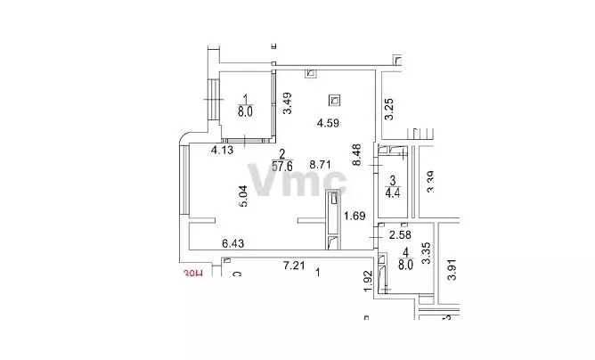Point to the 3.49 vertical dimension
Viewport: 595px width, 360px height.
[x=287, y=106]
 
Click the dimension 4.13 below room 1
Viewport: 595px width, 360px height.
[x=221, y=151]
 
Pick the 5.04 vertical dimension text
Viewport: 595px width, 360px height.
[x=243, y=195]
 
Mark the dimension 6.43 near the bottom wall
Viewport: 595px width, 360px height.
[x=233, y=242]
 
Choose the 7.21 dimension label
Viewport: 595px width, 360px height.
[x=295, y=266]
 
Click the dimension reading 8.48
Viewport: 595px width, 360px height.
[x=357, y=156]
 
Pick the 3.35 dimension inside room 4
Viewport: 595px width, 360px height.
[x=427, y=256]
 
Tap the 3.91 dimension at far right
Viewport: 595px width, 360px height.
[x=452, y=270]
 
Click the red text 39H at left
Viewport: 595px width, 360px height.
[x=193, y=275]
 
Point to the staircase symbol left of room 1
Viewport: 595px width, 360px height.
[x=215, y=99]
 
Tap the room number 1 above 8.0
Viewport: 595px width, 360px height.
[x=245, y=100]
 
